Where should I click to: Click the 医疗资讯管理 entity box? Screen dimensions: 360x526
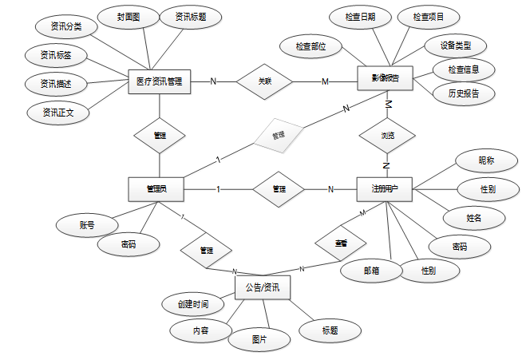coord(159,81)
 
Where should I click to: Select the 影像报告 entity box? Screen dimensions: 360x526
coord(386,78)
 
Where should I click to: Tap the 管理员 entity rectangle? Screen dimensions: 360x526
coord(156,189)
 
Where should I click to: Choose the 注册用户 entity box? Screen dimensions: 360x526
coord(386,188)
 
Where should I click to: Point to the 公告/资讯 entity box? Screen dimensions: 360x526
coord(263,285)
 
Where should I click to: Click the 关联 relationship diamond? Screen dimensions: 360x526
coord(265,81)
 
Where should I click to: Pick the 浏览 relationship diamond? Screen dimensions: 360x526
coord(387,136)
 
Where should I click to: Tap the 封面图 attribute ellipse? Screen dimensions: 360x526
coord(124,16)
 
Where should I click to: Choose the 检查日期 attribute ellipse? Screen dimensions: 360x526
coord(357,17)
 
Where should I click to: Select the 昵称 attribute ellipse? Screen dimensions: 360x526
coord(486,161)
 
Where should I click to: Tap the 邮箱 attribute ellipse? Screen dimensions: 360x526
coord(371,271)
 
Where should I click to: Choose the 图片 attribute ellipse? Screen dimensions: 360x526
coord(259,338)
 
